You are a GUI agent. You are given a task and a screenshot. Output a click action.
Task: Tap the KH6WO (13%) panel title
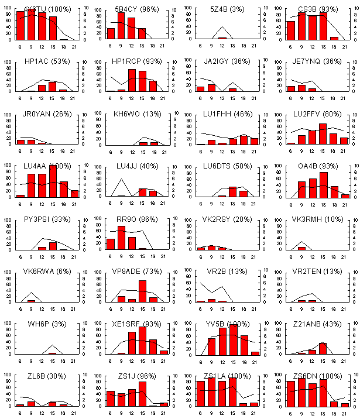coord(136,114)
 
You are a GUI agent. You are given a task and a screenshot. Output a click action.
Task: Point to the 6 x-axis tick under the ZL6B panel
coord(20,413)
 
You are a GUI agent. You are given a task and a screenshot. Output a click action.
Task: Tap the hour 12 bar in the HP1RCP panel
coord(132,80)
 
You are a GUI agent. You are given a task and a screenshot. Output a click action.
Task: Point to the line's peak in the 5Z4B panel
coord(222,26)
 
